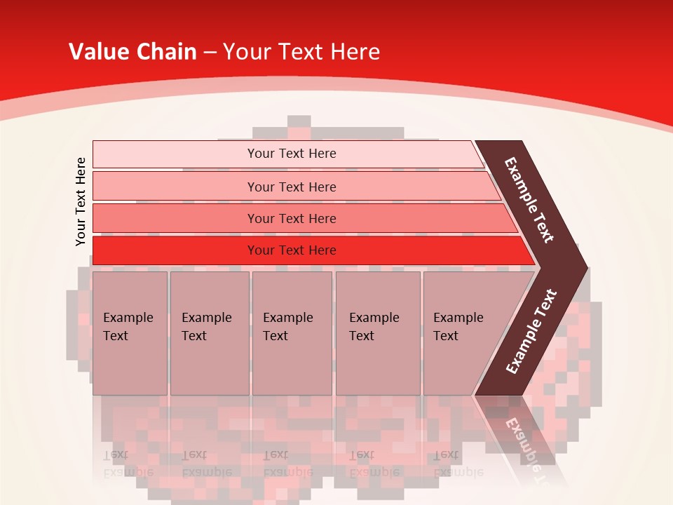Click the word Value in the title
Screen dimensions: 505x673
pyautogui.click(x=98, y=52)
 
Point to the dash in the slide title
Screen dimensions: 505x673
pyautogui.click(x=210, y=53)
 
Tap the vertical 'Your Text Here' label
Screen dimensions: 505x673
pyautogui.click(x=81, y=201)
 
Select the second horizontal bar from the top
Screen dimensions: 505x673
pyautogui.click(x=291, y=187)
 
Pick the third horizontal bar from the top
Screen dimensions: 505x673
pyautogui.click(x=291, y=218)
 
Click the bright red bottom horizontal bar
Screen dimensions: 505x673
pyautogui.click(x=291, y=250)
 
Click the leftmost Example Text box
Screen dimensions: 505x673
pyautogui.click(x=130, y=333)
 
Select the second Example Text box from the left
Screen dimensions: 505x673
pyautogui.click(x=210, y=333)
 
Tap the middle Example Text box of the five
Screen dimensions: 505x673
pyautogui.click(x=292, y=333)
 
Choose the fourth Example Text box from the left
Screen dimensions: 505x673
pyautogui.click(x=378, y=333)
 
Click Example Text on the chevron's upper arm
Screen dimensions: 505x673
pyautogui.click(x=529, y=200)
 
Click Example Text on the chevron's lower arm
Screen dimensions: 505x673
pyautogui.click(x=531, y=331)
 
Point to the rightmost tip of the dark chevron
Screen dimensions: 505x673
pyautogui.click(x=586, y=268)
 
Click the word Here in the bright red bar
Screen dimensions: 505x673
pyautogui.click(x=323, y=250)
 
